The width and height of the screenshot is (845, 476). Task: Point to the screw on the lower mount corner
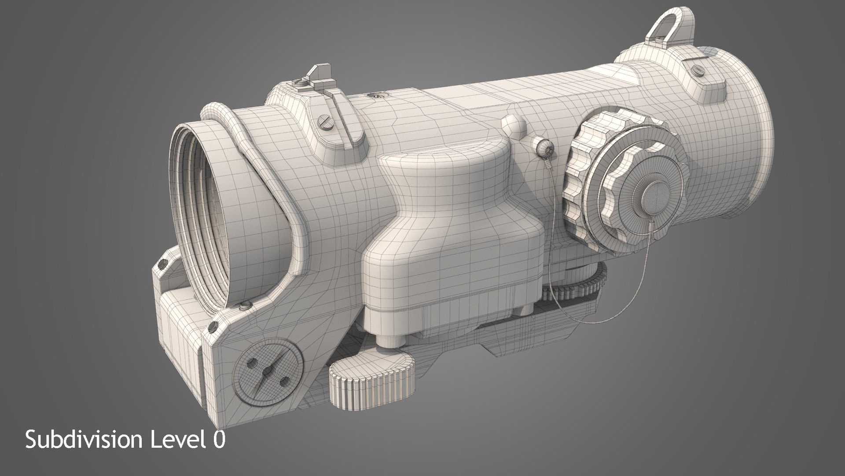point(214,326)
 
